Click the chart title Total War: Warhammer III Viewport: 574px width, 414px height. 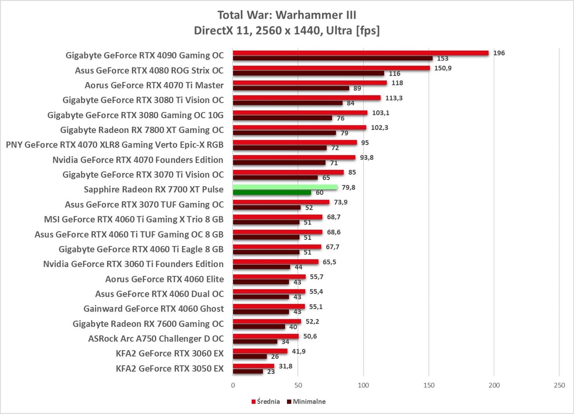pos(287,15)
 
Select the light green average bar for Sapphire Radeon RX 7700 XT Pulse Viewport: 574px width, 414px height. pos(285,187)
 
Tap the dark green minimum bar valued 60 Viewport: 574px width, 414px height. pos(272,192)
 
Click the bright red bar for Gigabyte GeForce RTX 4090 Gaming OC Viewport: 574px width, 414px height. pos(361,53)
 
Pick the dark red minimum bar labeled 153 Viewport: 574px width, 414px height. pos(332,58)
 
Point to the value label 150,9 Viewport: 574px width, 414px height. pos(443,68)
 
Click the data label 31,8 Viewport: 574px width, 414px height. pos(286,366)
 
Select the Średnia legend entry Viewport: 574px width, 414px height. pos(266,402)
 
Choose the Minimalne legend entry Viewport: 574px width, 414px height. pos(306,402)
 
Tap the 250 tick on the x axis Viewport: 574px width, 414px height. pos(559,385)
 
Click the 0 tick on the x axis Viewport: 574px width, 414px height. pos(233,385)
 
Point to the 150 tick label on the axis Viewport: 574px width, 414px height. pos(429,385)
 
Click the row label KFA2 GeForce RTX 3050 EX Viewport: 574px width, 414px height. pos(170,369)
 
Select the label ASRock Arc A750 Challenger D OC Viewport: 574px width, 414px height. pos(156,339)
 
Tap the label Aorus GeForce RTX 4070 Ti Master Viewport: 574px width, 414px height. pos(154,85)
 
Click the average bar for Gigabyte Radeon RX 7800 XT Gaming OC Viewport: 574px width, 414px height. pos(299,127)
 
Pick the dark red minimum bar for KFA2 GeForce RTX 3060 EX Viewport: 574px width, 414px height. pos(250,356)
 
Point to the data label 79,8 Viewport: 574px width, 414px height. pos(349,188)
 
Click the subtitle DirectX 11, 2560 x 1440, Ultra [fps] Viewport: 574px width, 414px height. pos(287,31)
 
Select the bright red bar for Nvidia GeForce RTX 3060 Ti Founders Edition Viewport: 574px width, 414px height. pos(276,262)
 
